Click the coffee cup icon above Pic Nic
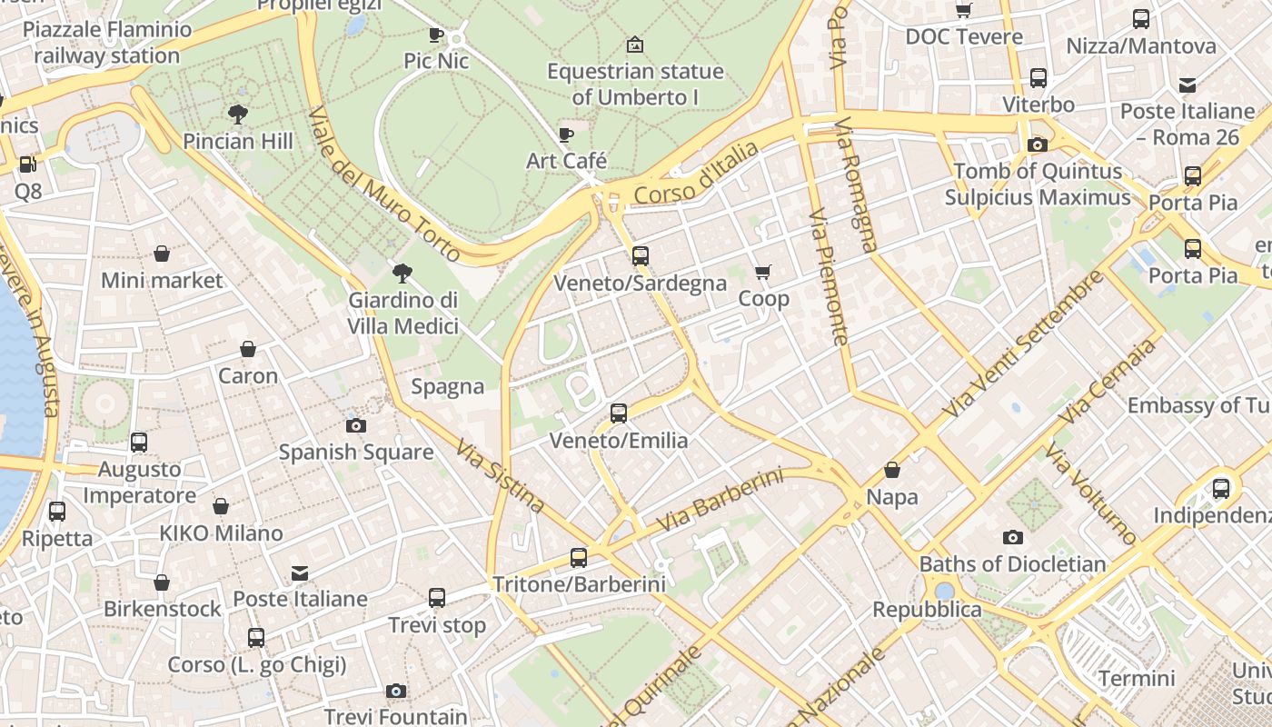(x=436, y=35)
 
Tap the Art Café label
(x=566, y=161)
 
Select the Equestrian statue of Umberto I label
(x=635, y=84)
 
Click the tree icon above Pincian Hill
(x=238, y=115)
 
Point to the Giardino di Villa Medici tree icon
(x=402, y=274)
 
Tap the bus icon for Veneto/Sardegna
(x=641, y=256)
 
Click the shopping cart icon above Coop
(x=763, y=273)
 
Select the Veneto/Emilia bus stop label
(x=619, y=441)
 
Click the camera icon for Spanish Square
(x=356, y=425)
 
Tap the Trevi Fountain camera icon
(x=395, y=692)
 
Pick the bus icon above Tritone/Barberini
(x=579, y=558)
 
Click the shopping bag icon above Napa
(x=892, y=470)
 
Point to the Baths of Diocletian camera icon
(x=1012, y=538)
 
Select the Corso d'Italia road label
(x=696, y=174)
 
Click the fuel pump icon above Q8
(x=28, y=164)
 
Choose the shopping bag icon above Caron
(x=248, y=349)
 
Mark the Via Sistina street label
(x=501, y=476)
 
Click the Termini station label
(x=1137, y=678)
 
